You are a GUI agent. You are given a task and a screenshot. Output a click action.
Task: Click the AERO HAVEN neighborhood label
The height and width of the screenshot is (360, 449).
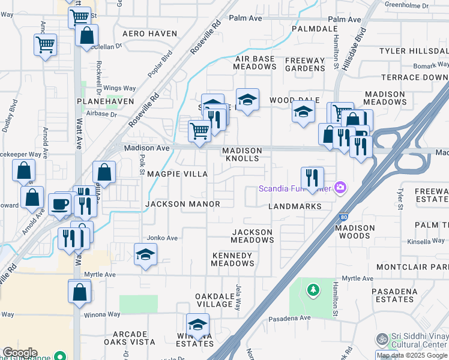pyautogui.click(x=149, y=34)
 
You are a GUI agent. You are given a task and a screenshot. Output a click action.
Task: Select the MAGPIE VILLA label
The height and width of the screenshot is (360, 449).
pyautogui.click(x=177, y=174)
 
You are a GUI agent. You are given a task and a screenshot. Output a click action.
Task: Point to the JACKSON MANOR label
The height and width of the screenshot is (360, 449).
pyautogui.click(x=182, y=204)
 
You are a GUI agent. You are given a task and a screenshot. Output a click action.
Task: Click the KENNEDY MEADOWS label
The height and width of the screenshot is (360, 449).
pyautogui.click(x=233, y=259)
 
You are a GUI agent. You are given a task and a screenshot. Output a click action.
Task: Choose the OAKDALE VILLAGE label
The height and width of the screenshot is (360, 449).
pyautogui.click(x=214, y=301)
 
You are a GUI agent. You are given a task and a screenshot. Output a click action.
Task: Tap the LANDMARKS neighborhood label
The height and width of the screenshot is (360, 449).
pyautogui.click(x=295, y=206)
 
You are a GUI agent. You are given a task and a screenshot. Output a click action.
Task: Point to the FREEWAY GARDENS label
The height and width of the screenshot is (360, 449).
pyautogui.click(x=305, y=64)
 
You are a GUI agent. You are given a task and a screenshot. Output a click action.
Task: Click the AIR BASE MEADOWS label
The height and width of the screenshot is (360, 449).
pyautogui.click(x=255, y=62)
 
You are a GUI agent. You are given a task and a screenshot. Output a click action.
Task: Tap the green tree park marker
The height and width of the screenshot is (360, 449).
pyautogui.click(x=312, y=290)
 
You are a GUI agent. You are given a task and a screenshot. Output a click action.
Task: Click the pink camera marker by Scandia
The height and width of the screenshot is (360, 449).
pyautogui.click(x=340, y=188)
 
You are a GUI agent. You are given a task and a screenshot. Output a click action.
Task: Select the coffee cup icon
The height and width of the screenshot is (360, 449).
pyautogui.click(x=60, y=203)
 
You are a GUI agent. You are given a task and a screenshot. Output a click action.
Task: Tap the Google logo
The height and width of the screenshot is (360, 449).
pyautogui.click(x=20, y=353)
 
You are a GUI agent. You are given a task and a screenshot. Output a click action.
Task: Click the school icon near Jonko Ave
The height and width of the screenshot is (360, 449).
pyautogui.click(x=145, y=255)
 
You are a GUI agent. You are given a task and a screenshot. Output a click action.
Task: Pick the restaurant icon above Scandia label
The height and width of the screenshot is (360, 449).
pyautogui.click(x=312, y=177)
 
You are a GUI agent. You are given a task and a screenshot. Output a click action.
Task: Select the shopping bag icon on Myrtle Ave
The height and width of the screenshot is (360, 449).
pyautogui.click(x=79, y=292)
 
